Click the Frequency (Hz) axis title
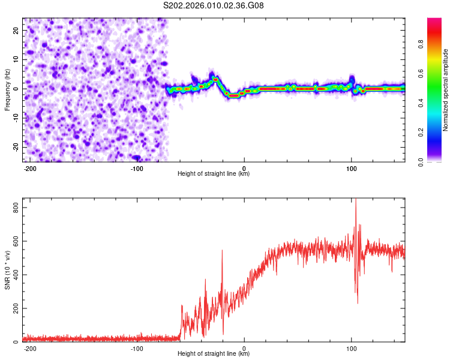click(7, 89)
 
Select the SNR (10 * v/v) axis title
click(7, 269)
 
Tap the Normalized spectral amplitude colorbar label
click(445, 90)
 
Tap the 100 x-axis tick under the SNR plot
click(351, 348)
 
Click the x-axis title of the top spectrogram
click(214, 174)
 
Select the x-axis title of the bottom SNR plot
click(214, 353)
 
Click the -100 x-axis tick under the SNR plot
click(137, 348)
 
